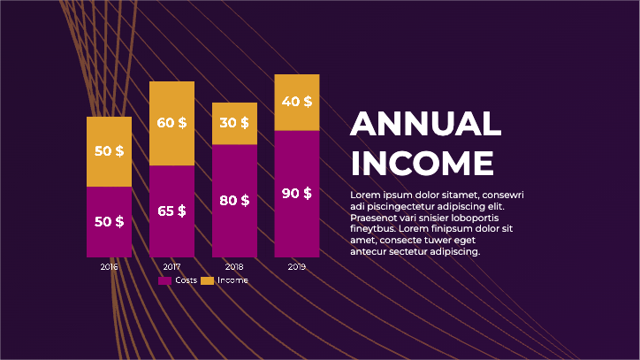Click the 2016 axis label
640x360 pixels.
[x=109, y=266]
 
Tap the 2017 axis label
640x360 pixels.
[x=171, y=266]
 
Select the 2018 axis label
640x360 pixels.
[x=234, y=266]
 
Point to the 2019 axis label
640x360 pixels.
[x=297, y=266]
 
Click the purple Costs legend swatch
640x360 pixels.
[x=164, y=280]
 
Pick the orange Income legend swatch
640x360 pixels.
[x=208, y=280]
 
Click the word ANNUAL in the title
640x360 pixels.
[x=425, y=124]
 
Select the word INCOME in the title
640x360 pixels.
[x=422, y=164]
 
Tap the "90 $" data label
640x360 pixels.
[x=297, y=193]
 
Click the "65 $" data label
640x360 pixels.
[x=171, y=211]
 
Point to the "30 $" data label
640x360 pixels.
[x=234, y=122]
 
